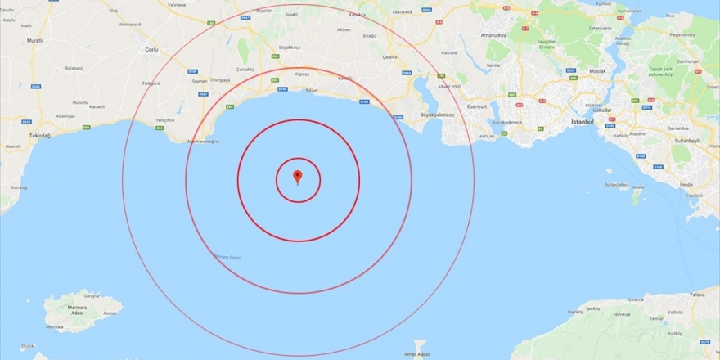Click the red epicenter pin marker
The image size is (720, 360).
coord(298,176)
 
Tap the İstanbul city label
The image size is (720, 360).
coord(583,122)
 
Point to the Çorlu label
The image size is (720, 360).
coord(151,50)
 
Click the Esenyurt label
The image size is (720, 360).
coord(454,106)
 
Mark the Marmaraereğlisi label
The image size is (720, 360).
coord(205,141)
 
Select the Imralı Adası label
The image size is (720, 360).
coord(418,354)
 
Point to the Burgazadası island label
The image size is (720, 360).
coord(616,185)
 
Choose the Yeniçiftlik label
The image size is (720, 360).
coord(165,120)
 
